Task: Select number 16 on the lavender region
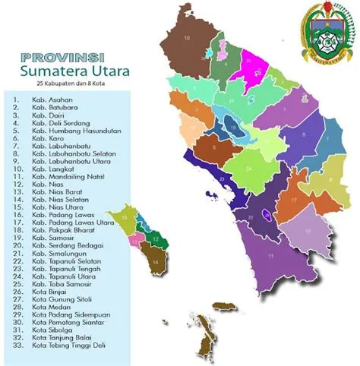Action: coord(308,229)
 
